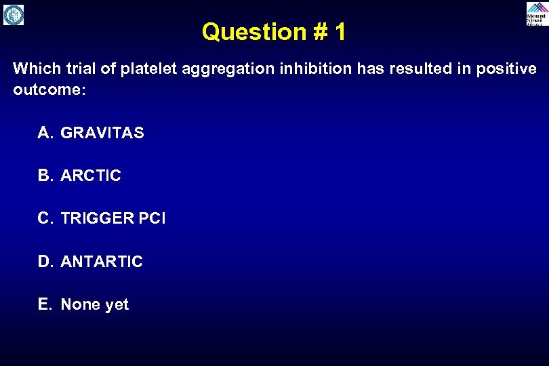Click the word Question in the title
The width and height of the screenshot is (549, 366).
(245, 32)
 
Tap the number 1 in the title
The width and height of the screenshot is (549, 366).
(339, 32)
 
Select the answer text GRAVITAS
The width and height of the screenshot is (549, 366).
(102, 133)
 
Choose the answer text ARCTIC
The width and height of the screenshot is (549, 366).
(91, 176)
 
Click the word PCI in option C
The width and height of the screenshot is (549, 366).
(152, 218)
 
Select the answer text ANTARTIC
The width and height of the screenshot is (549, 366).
(102, 262)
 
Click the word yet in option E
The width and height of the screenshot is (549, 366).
(117, 305)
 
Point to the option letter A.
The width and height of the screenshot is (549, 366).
(44, 133)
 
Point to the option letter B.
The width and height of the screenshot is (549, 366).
(44, 176)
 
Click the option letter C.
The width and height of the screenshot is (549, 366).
(44, 218)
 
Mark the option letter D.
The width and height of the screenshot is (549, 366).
(44, 262)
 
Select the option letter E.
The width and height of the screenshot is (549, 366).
(44, 304)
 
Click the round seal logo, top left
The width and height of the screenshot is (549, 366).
(14, 14)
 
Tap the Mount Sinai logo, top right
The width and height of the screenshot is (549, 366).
(535, 14)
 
